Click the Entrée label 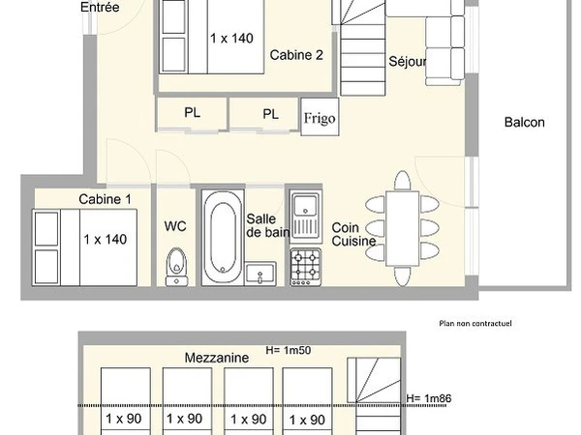(100, 8)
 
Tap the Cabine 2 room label (296, 55)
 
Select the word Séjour (408, 62)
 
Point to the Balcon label (525, 123)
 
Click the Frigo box (320, 117)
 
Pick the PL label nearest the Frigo (270, 114)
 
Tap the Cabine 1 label (106, 199)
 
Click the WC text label (175, 227)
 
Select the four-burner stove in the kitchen (306, 267)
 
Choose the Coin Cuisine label (353, 234)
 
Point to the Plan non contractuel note (475, 323)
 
